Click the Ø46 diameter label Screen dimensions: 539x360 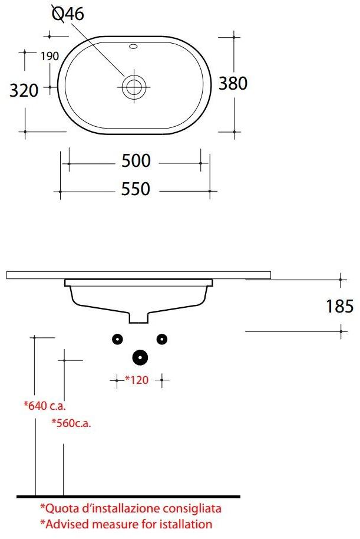pos(68,14)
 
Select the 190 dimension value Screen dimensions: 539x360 pos(50,57)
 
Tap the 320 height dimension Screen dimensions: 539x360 pos(25,90)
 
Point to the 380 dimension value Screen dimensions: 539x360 pos(233,84)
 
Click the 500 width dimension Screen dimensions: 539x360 pos(136,160)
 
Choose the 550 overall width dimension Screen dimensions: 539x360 pos(136,189)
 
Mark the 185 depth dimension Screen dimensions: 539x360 pos(339,305)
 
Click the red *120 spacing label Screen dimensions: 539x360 pos(136,380)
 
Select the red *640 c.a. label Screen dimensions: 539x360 pos(45,405)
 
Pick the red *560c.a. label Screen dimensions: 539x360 pos(71,422)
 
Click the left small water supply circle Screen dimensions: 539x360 pos(117,338)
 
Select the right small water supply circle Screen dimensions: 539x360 pos(162,338)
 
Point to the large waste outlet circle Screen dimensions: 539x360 pos(140,357)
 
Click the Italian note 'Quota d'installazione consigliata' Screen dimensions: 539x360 pos(131,508)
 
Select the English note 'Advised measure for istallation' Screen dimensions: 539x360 pos(125,524)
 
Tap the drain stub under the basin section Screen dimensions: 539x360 pos(139,318)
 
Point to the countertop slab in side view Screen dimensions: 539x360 pos(138,275)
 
